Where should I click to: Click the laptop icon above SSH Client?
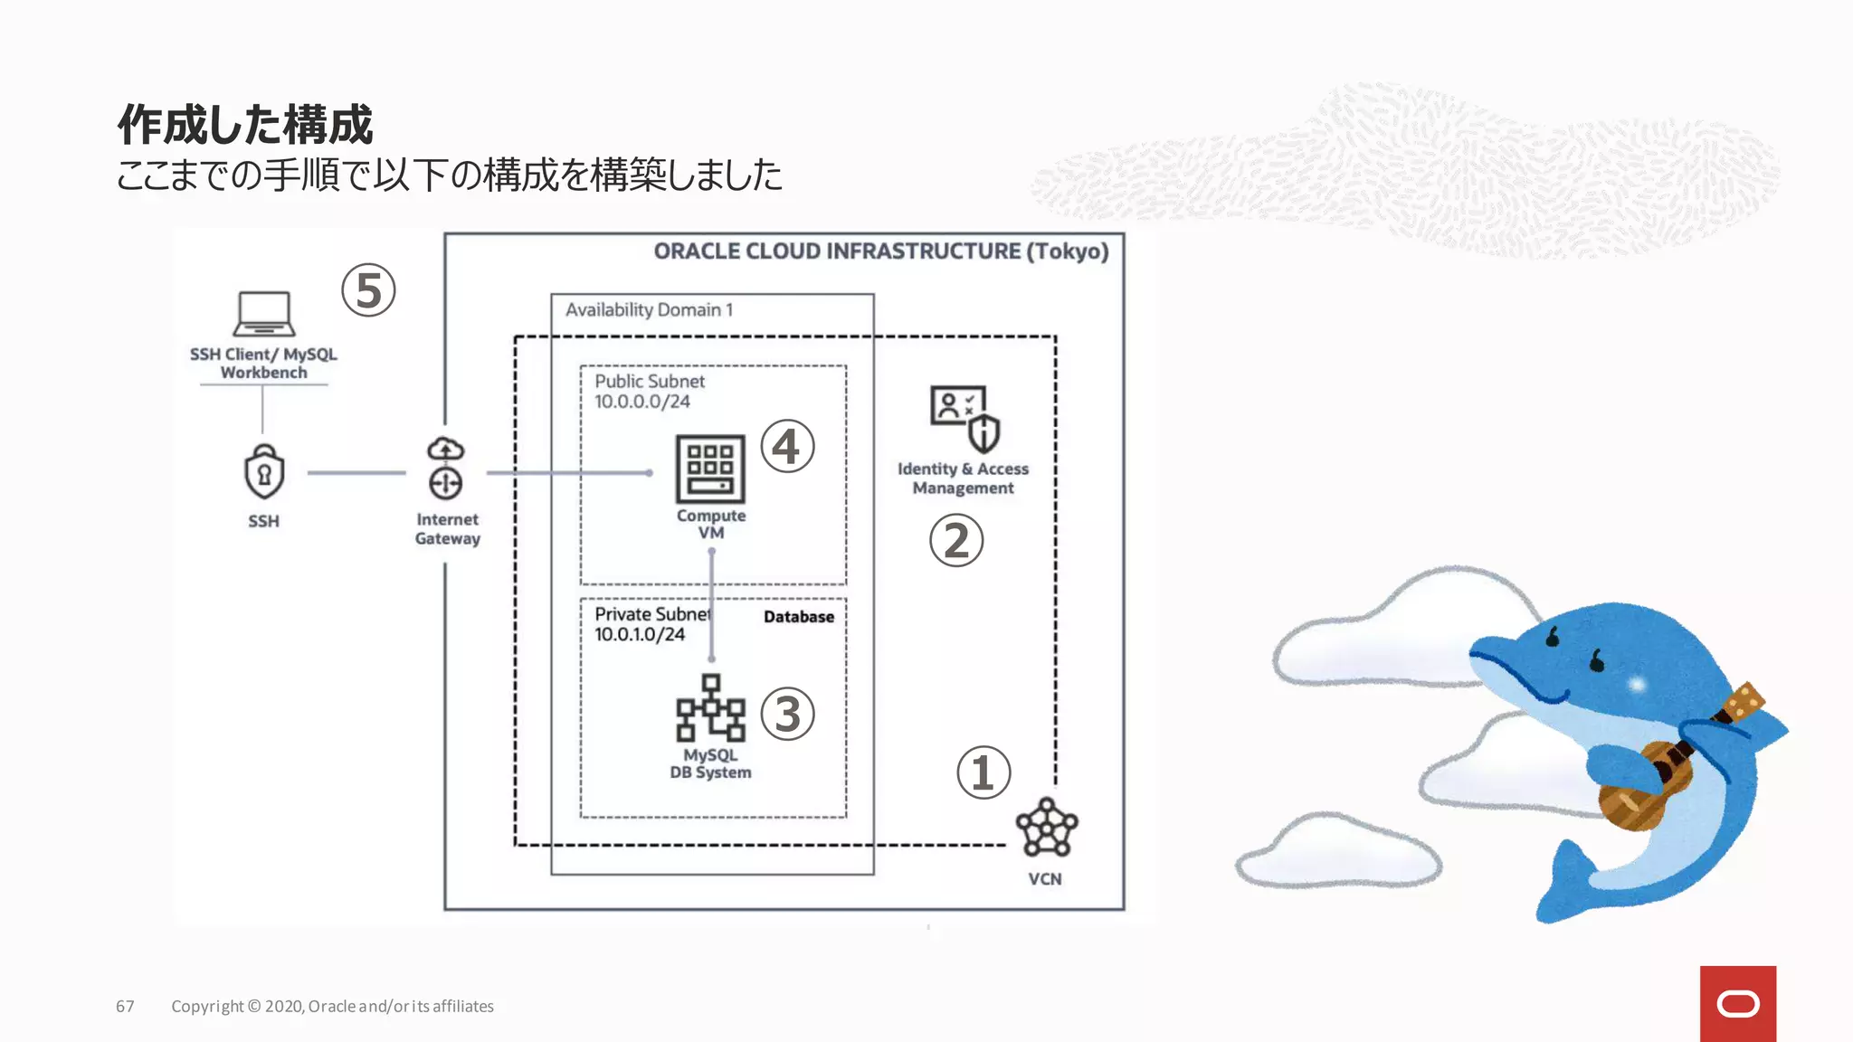point(263,313)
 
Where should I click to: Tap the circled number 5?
point(368,290)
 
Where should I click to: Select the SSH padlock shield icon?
point(264,471)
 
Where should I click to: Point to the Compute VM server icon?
point(710,469)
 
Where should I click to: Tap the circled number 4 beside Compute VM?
point(787,446)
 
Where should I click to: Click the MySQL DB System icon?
point(710,708)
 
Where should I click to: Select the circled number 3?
point(787,714)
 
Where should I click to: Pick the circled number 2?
point(956,541)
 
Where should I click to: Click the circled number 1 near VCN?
point(984,772)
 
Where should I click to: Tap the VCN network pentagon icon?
point(1047,827)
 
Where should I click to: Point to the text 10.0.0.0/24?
point(642,402)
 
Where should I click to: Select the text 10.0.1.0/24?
point(640,634)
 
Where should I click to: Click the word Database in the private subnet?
point(798,617)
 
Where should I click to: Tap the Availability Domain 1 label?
point(649,310)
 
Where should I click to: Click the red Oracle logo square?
point(1737,1003)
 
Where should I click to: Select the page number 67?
point(125,1007)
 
